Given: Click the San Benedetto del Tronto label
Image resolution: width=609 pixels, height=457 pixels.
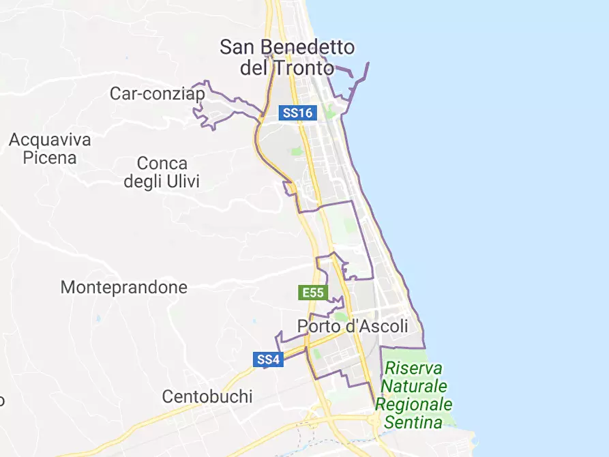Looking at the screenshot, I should (287, 57).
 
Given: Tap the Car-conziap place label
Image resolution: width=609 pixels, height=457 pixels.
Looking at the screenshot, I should (157, 93).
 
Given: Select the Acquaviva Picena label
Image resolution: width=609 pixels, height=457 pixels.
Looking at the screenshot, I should (50, 149).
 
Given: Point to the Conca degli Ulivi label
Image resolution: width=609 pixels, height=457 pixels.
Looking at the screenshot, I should (162, 173).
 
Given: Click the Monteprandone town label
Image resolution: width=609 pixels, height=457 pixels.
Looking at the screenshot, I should (124, 287).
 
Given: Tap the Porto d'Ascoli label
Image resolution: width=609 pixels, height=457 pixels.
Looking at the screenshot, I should (353, 326).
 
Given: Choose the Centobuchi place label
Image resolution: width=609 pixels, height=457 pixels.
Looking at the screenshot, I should (207, 396).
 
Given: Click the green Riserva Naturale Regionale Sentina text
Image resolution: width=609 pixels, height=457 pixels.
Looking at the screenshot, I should (413, 395).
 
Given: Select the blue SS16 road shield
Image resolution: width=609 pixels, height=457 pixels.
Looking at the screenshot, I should (298, 113).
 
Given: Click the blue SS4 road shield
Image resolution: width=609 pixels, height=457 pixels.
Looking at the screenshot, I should (268, 359).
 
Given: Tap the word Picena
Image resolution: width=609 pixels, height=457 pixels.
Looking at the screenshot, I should (50, 158).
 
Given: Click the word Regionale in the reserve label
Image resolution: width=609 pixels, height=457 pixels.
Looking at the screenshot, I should (413, 404).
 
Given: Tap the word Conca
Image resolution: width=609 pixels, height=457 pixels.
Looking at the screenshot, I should (162, 164).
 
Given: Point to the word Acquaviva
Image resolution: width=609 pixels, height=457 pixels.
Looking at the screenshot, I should (50, 140).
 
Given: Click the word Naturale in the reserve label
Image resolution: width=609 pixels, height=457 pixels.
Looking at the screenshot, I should (414, 386).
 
